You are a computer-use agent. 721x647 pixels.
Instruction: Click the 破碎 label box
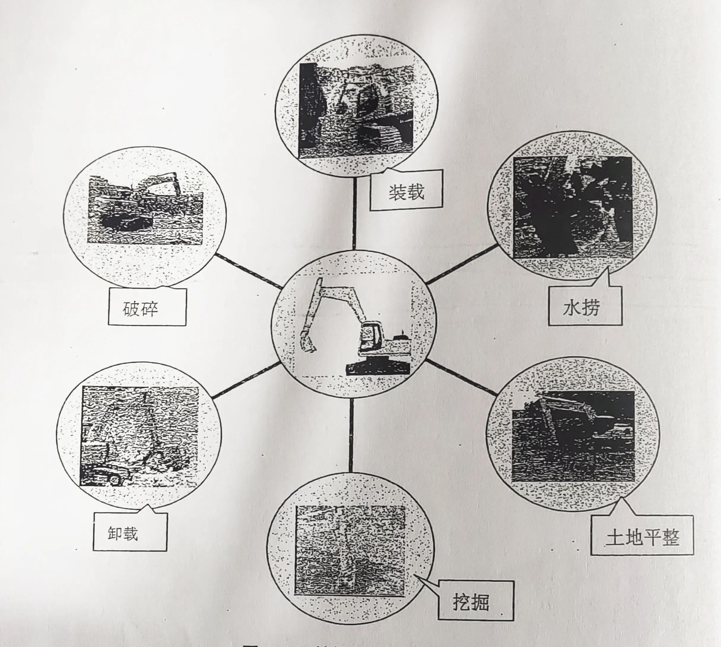tap(147, 307)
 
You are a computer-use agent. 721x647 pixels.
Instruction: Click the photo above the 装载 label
tap(356, 110)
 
